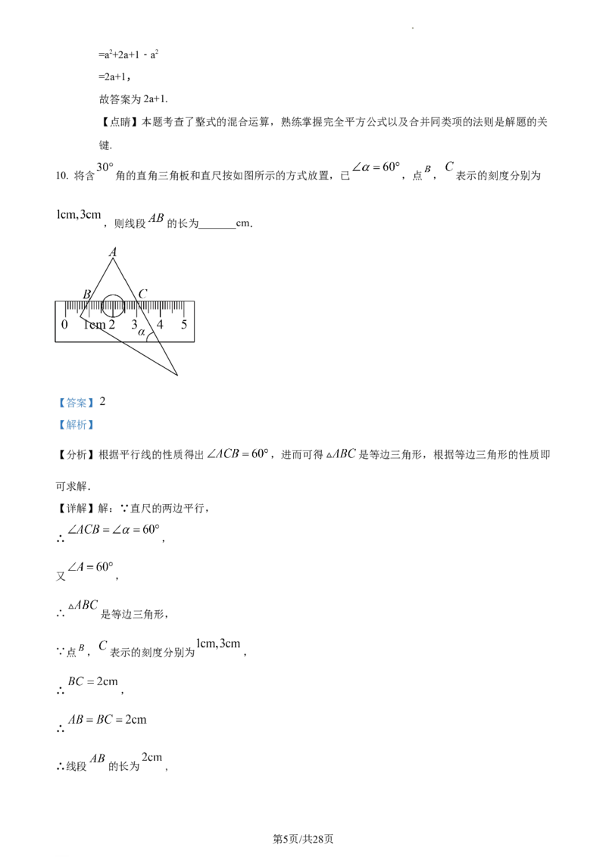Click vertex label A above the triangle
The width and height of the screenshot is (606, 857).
(x=113, y=252)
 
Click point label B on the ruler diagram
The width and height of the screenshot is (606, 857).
(x=86, y=294)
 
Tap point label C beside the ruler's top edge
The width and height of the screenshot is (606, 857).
(x=142, y=294)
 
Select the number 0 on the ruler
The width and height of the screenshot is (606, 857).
(x=64, y=324)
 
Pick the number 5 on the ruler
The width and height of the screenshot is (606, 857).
(x=184, y=324)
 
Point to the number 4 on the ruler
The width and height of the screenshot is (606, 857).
(x=160, y=324)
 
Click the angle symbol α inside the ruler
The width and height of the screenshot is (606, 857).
(x=142, y=332)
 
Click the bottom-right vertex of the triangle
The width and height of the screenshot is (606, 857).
(x=178, y=376)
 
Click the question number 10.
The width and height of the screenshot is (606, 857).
(x=62, y=176)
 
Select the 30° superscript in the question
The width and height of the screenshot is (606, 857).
(x=105, y=167)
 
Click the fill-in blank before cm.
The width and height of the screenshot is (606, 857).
(x=217, y=224)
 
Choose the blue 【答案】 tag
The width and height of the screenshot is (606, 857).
(x=77, y=403)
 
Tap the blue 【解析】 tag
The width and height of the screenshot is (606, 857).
(x=77, y=425)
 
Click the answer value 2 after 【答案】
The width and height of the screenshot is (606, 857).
(x=102, y=402)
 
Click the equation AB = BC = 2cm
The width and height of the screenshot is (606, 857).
(x=108, y=719)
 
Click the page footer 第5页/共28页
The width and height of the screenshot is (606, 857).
(x=303, y=839)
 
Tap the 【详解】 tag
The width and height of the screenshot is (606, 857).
(x=76, y=508)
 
